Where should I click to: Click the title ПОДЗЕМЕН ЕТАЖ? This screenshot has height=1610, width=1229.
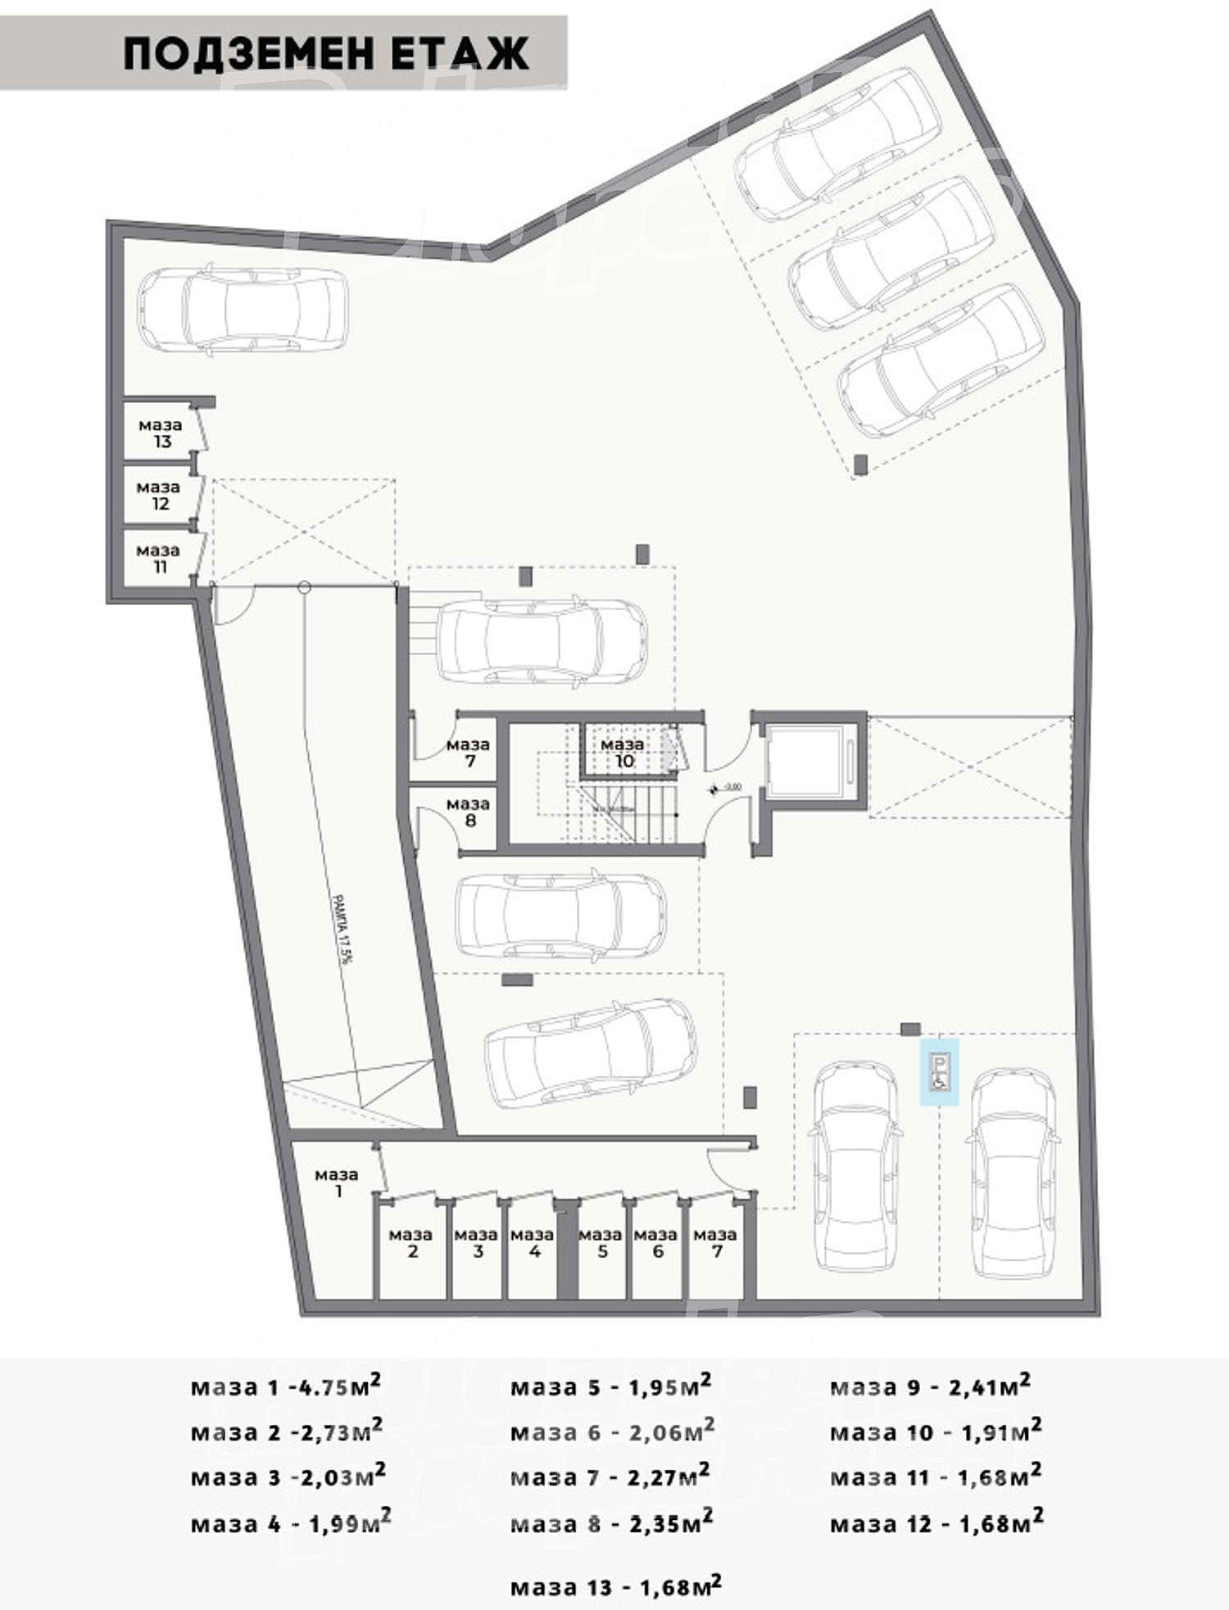point(326,54)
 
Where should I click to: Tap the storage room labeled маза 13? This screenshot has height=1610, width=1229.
point(161,433)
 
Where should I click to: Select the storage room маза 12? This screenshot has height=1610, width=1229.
point(159,495)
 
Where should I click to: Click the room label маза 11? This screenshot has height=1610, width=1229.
point(158,559)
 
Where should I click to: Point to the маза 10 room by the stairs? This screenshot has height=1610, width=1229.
point(623,753)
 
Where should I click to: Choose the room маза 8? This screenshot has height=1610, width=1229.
point(468,812)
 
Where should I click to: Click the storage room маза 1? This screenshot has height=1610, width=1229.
point(336,1183)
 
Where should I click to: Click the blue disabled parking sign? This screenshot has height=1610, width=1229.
point(939,1073)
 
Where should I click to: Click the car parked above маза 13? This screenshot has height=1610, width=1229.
point(243,309)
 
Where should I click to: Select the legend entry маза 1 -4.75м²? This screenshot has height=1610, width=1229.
point(285,1386)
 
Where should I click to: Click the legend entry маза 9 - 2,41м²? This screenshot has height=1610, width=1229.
point(930,1386)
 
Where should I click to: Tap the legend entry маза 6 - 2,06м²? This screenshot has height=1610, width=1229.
point(612,1431)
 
